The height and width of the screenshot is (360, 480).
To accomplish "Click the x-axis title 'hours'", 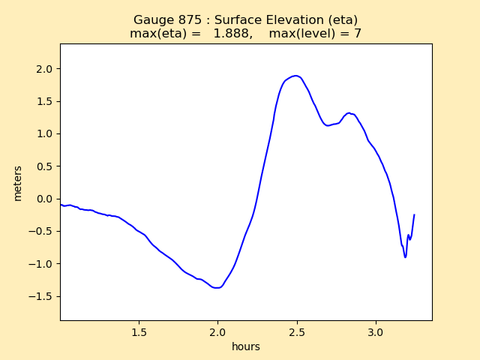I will pos(246,346).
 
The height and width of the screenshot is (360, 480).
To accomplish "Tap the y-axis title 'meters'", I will pos(18,183).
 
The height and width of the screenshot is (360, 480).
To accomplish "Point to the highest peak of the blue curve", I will pos(296,76).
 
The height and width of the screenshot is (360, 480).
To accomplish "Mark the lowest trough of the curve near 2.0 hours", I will pos(217,287).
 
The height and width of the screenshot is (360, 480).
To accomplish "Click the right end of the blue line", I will pos(414,215).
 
